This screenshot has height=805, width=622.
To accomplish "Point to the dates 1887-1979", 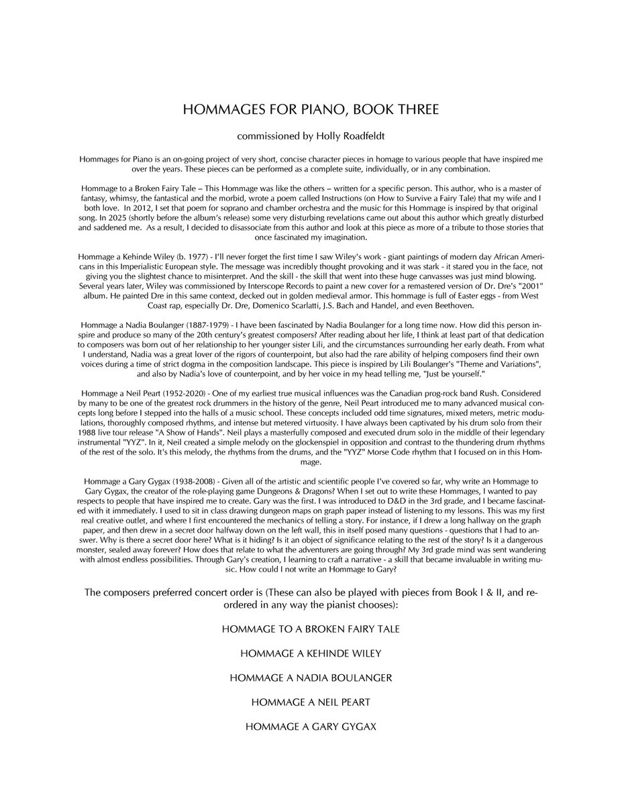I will coord(191,323).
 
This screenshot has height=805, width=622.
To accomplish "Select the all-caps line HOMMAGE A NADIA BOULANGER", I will coord(311,678).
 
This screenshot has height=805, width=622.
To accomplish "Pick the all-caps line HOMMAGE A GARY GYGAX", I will coord(311,726).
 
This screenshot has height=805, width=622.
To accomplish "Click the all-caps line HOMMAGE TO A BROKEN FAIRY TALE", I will coord(311,630).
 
